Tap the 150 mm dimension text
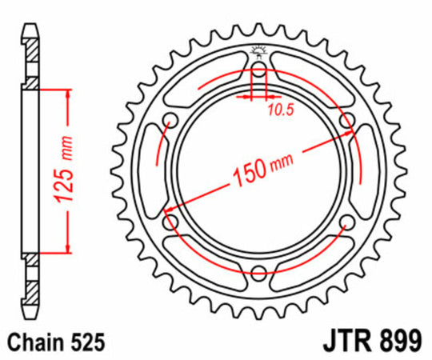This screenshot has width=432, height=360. click(258, 170)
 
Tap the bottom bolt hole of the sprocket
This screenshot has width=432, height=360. click(258, 274)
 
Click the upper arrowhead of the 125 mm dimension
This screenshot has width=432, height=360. click(67, 94)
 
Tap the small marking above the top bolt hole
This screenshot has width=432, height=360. click(258, 52)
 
